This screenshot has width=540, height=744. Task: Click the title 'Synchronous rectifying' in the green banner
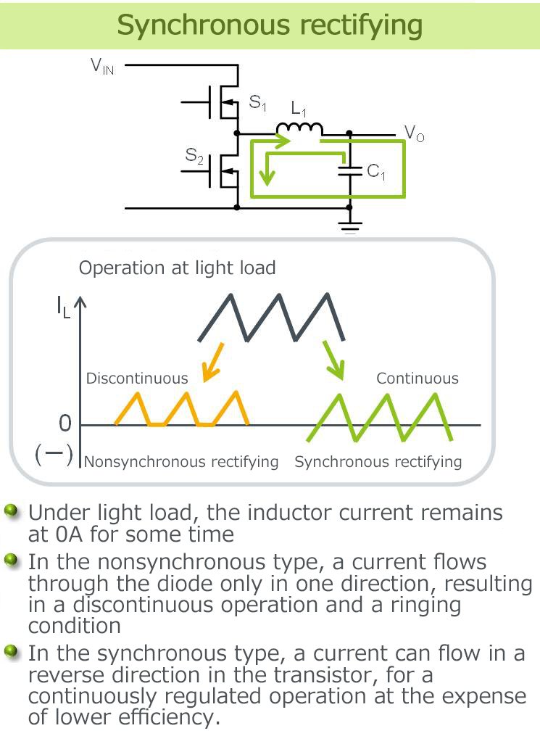[270, 25]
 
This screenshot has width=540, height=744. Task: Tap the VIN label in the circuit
[102, 67]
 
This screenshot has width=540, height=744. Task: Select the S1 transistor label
[257, 103]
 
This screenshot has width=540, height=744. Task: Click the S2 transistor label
[194, 154]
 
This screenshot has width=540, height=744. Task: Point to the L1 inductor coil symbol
[299, 128]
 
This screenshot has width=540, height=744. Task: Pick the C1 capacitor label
[376, 173]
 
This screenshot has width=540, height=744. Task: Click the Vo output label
[414, 133]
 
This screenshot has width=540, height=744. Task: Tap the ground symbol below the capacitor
[350, 226]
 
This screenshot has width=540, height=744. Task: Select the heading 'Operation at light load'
[178, 268]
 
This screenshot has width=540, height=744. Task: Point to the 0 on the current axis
[65, 423]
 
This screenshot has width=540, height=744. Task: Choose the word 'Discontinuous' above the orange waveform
[137, 378]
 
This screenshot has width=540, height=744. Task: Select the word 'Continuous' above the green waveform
[418, 378]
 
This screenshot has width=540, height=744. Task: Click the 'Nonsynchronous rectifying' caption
[181, 462]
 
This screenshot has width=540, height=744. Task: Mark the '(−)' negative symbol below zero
[54, 455]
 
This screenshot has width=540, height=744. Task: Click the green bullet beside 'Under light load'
[11, 512]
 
